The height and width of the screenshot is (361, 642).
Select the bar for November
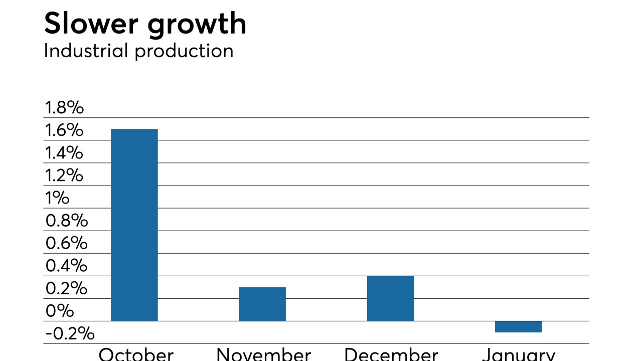point(262,304)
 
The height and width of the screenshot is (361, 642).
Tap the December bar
point(390,298)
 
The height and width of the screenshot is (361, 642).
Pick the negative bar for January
point(518,326)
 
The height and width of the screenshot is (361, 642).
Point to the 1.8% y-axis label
point(64,108)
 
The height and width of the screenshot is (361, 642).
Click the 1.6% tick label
point(64,130)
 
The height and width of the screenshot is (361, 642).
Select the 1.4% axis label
point(64,153)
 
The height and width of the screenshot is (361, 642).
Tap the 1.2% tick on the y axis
point(64,175)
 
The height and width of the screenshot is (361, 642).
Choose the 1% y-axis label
point(57,198)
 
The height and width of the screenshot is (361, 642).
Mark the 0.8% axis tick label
point(66,221)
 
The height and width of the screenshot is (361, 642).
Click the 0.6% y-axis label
point(66,243)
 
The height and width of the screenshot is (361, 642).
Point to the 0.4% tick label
point(66,266)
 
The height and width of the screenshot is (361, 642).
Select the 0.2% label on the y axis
point(66,288)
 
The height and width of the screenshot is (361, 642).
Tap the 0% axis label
point(59,311)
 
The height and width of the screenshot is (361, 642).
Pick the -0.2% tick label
point(70,333)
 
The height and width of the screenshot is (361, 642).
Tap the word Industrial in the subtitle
point(86,51)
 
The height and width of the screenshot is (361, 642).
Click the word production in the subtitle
point(184,52)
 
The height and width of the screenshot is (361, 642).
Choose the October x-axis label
point(136,354)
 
